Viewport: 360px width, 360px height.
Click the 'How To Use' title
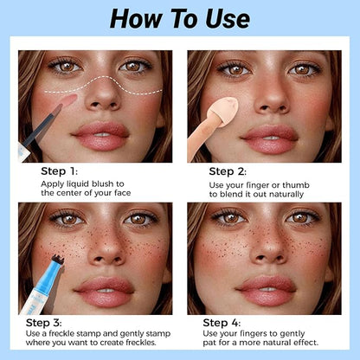(180, 18)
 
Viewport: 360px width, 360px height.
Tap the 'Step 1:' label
(59, 171)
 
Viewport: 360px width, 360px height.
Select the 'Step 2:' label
(228, 171)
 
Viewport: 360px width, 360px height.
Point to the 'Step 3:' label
(43, 323)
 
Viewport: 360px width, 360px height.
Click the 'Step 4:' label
(222, 323)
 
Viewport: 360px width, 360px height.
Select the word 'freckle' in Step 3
(61, 333)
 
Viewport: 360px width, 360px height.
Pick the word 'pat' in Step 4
(209, 343)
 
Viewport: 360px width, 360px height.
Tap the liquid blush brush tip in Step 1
(68, 100)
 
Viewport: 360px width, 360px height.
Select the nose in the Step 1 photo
(102, 97)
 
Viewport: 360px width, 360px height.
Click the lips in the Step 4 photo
(266, 290)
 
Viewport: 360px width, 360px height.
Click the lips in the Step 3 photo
(104, 292)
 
